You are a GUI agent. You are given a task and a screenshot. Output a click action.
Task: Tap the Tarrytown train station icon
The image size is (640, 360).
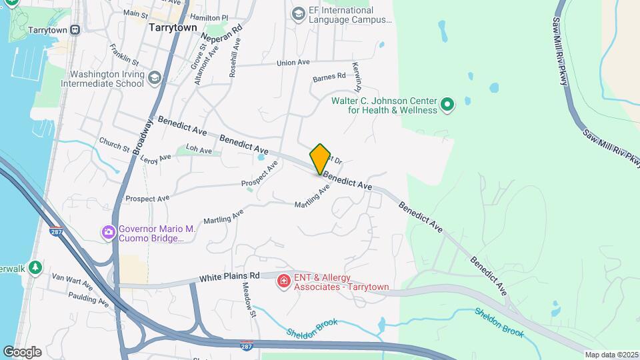point(75,30)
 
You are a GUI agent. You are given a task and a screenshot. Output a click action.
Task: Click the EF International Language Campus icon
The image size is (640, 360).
point(298,13)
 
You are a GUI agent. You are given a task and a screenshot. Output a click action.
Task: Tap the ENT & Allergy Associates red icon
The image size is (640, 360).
point(283,281)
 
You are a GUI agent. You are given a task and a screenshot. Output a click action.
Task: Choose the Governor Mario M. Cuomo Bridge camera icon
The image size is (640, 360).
point(107,233)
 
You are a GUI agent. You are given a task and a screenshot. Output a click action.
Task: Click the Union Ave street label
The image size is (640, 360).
point(293,63)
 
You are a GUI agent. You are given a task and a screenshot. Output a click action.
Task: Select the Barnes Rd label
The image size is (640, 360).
point(329,76)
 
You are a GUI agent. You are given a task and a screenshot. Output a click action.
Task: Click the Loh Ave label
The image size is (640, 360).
point(199,151)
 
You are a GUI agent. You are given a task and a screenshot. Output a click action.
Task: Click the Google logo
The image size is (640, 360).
point(22,351)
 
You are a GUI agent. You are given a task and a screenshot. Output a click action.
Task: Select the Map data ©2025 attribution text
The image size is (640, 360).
point(611,355)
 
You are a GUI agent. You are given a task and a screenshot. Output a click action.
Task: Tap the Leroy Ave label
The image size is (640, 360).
point(156,159)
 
